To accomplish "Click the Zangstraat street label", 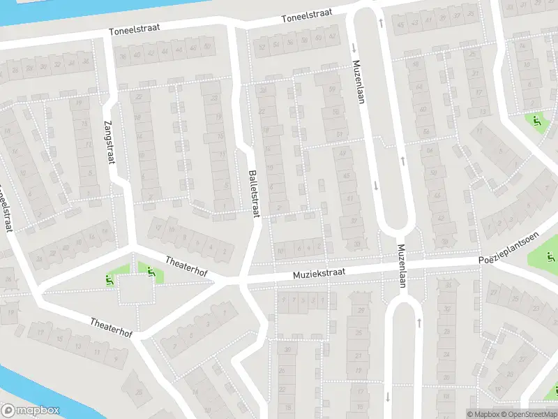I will point(110,144).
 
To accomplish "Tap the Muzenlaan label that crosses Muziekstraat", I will point(402,265).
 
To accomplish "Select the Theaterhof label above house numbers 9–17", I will point(112,325).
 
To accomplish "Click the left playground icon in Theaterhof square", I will point(110,280).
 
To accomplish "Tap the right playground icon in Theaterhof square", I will point(151,271).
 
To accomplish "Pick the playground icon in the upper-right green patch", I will point(536,121).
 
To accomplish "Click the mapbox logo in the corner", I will point(31,411).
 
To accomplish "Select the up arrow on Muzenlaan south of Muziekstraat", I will point(419,323).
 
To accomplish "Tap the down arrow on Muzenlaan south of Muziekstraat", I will point(387,397).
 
